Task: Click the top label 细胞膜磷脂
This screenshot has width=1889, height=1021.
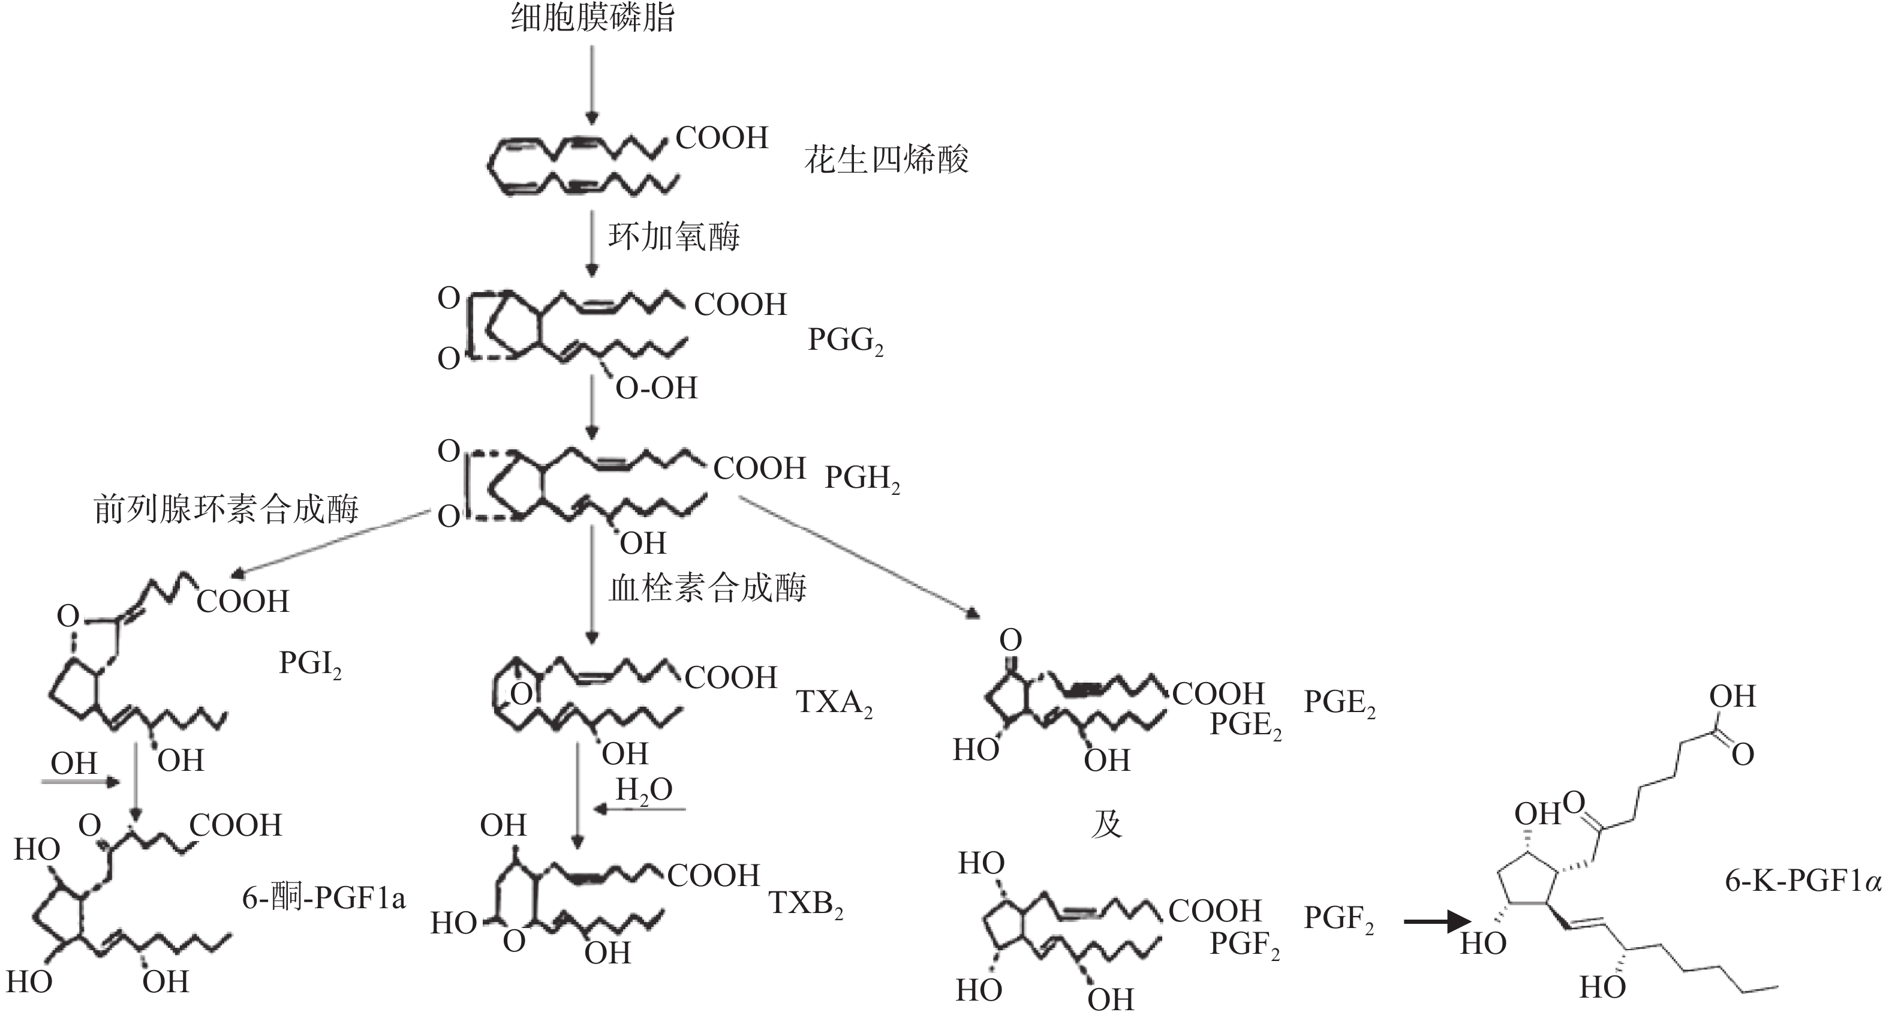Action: [592, 17]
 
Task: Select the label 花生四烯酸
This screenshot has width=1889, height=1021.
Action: [886, 160]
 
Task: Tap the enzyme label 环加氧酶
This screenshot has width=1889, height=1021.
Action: [674, 237]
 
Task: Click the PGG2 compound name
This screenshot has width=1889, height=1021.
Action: [846, 340]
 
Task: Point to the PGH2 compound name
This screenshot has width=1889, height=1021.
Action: [862, 478]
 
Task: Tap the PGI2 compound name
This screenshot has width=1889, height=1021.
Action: [310, 664]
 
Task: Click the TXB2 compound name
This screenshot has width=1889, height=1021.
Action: [806, 903]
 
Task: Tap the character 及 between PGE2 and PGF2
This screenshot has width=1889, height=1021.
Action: [1106, 824]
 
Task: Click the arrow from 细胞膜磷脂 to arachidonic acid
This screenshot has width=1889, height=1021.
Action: [592, 85]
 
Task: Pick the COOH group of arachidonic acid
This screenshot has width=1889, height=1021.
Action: [721, 138]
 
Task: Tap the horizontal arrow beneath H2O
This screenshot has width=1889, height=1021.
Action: [638, 810]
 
